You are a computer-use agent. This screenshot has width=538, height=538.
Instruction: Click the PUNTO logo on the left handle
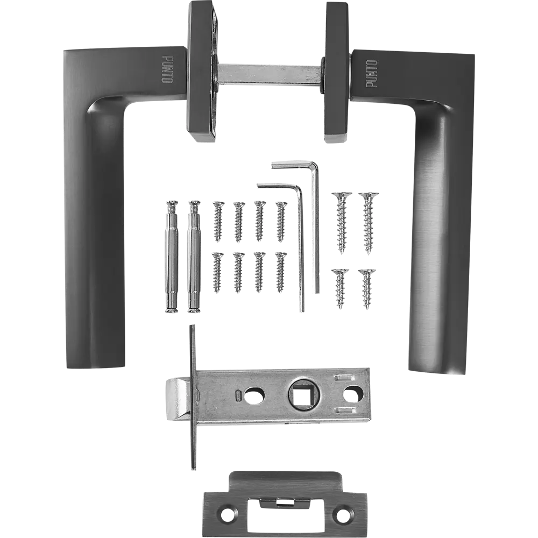[167, 69]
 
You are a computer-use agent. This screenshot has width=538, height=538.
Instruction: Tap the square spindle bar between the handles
[270, 73]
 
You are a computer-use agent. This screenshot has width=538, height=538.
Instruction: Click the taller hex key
[316, 226]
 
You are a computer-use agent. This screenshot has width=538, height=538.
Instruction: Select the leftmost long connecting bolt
[172, 256]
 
